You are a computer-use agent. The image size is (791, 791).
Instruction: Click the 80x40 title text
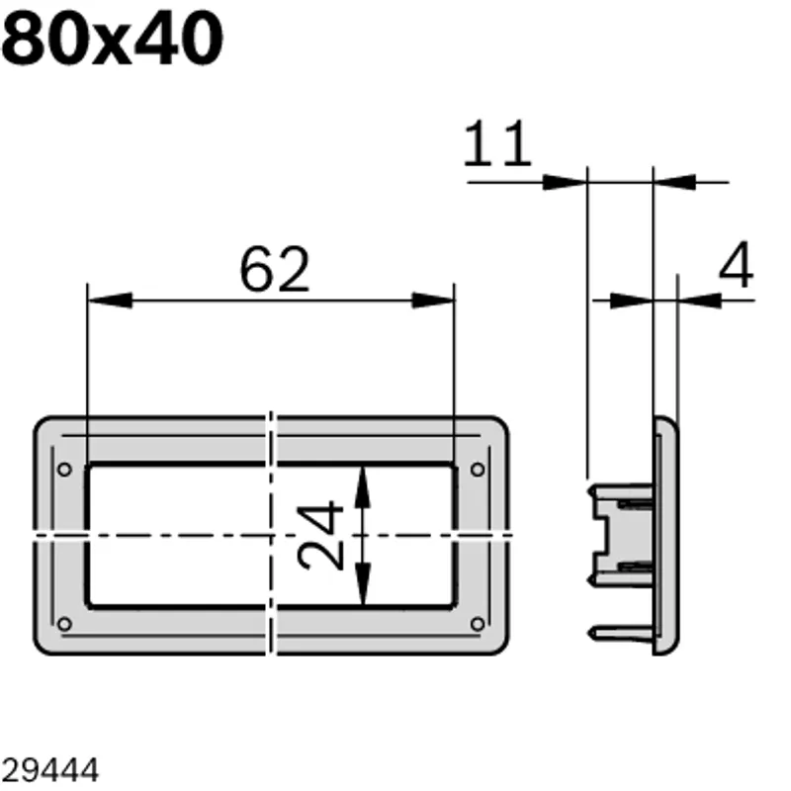pos(112,39)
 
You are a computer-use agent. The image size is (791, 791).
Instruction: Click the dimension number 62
pos(275,269)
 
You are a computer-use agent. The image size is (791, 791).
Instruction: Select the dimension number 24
pos(320,535)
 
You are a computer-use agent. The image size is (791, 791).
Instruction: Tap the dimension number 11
pos(497,143)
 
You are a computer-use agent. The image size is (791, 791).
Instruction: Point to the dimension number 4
pos(736,264)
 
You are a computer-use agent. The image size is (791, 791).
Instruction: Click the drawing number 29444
pos(50,770)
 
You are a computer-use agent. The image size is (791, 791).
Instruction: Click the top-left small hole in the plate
pos(64,470)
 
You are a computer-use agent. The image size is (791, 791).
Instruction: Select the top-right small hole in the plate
pos(478,470)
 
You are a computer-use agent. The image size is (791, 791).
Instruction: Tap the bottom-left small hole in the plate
pos(64,624)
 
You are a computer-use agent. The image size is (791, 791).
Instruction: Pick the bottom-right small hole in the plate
pos(478,624)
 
